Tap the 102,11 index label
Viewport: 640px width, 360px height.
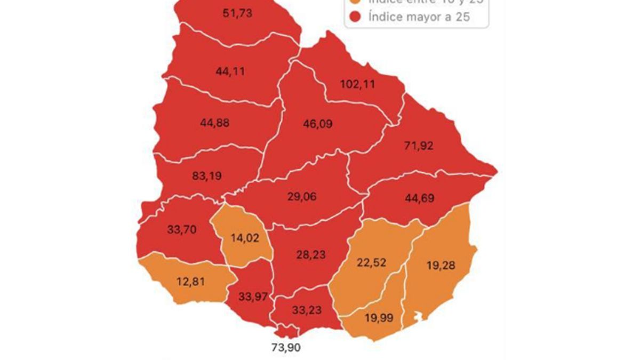358,84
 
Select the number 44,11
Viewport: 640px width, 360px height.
230,71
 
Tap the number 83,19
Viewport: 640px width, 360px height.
206,175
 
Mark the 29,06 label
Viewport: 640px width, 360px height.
301,197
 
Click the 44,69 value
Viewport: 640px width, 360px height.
420,199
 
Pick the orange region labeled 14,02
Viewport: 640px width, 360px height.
245,238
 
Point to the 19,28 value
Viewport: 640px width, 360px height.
441,265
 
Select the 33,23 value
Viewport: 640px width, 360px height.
307,310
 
